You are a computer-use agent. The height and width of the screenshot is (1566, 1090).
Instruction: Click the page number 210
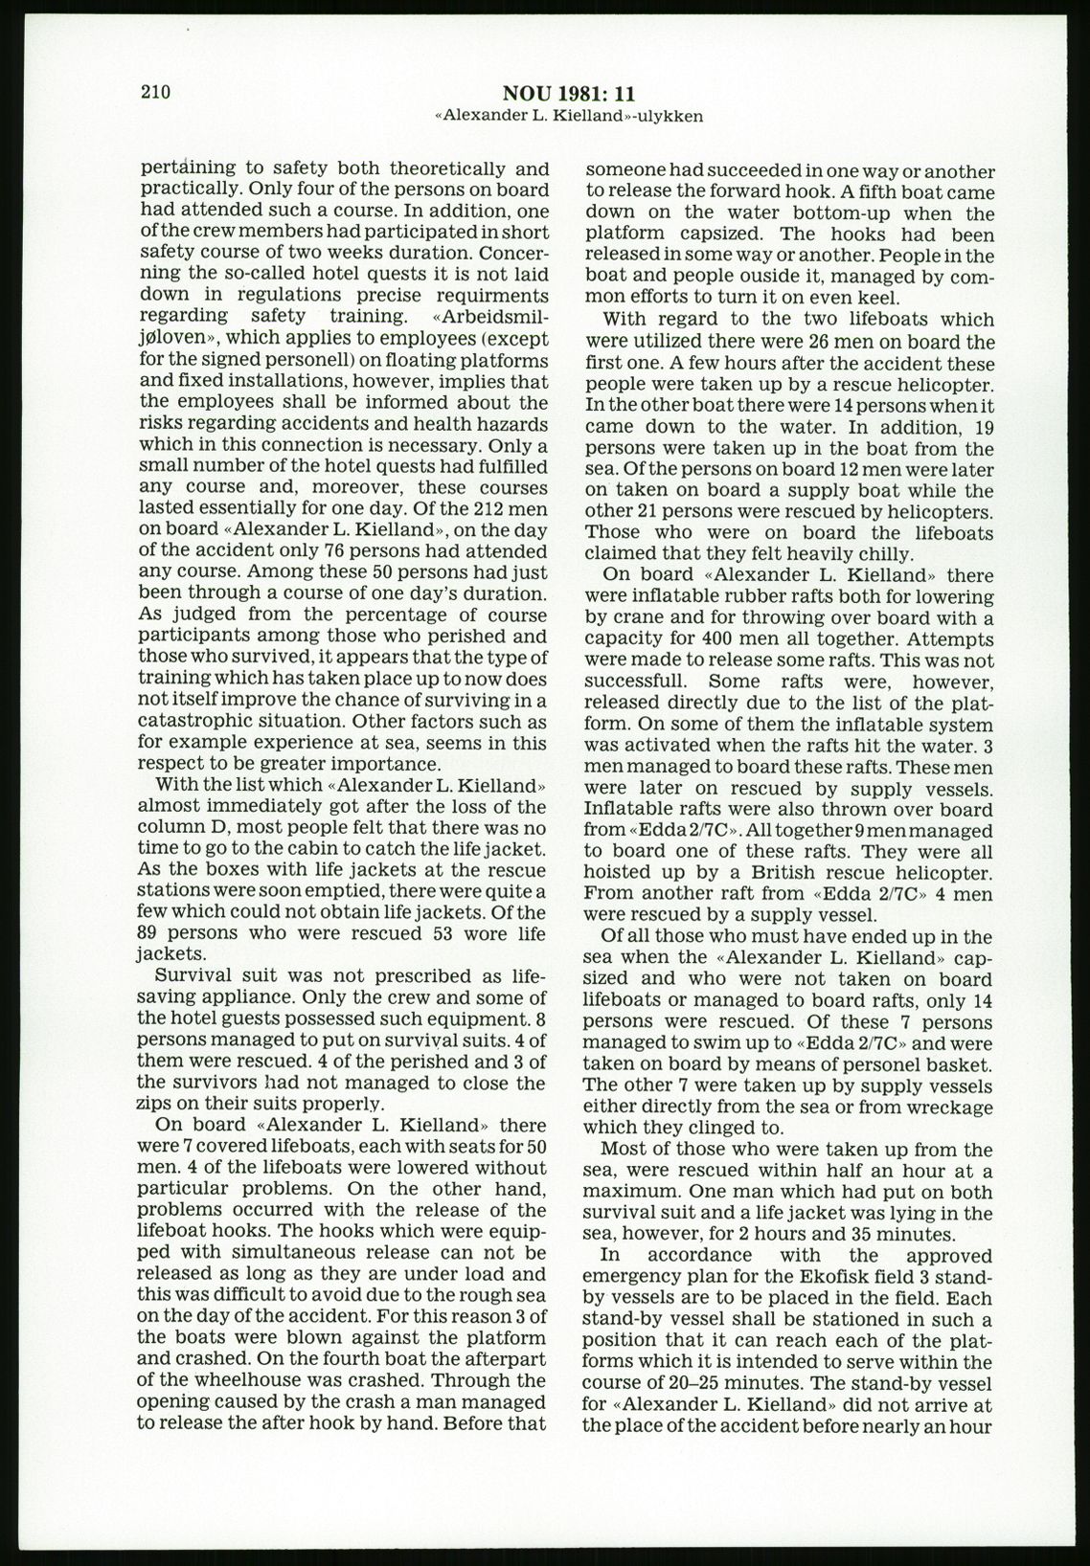point(154,93)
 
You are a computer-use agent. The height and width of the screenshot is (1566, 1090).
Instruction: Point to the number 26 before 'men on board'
point(820,342)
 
